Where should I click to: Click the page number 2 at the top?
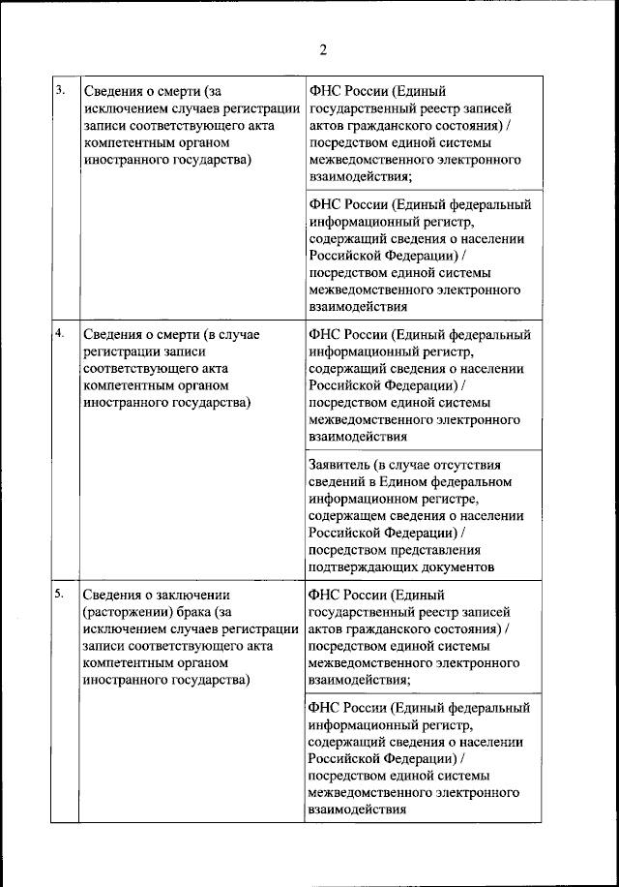[323, 50]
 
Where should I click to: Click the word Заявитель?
[340, 464]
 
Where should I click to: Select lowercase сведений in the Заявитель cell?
[338, 481]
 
